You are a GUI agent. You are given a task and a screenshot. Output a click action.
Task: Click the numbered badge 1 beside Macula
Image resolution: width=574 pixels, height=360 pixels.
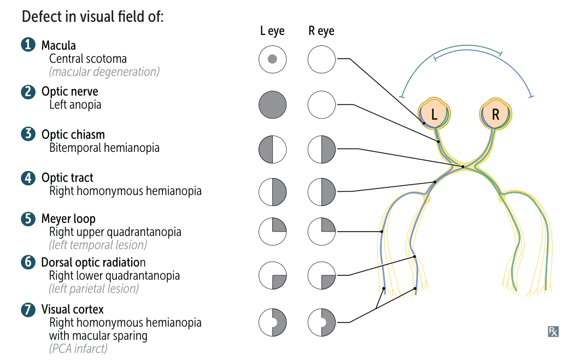pos(28,45)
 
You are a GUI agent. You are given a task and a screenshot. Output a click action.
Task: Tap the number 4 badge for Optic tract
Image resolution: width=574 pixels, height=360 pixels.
pos(28,178)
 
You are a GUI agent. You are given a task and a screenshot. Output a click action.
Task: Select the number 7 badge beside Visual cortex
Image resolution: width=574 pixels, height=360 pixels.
pos(28,310)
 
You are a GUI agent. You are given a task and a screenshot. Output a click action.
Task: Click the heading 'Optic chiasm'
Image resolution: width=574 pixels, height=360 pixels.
pos(73,134)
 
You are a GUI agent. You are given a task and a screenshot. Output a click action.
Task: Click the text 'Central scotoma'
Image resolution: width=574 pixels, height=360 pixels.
pos(88,58)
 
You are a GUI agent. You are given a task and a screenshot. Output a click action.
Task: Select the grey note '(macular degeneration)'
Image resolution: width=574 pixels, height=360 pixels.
pos(104,72)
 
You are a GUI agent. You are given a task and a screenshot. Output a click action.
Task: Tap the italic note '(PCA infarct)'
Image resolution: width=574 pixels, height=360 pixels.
pos(78,348)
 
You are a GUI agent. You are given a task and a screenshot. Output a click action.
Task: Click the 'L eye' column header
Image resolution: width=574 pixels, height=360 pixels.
pos(272,31)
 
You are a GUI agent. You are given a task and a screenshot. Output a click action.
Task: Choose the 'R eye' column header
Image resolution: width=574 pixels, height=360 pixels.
pos(321,31)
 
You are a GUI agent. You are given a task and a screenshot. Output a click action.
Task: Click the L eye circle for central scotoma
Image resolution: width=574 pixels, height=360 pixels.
pos(272,59)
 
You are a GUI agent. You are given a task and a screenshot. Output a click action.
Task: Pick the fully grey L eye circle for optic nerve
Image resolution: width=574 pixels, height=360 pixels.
pos(272,104)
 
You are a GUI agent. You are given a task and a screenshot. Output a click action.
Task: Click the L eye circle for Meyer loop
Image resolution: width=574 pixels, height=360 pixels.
pos(272,232)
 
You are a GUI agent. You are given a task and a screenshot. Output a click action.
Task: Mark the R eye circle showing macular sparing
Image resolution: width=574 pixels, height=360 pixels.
pos(321,322)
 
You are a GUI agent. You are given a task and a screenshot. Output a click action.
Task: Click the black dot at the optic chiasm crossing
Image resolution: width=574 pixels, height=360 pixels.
pos(463,166)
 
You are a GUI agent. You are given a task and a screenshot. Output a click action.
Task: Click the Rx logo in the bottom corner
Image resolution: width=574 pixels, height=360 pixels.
pos(553,331)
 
